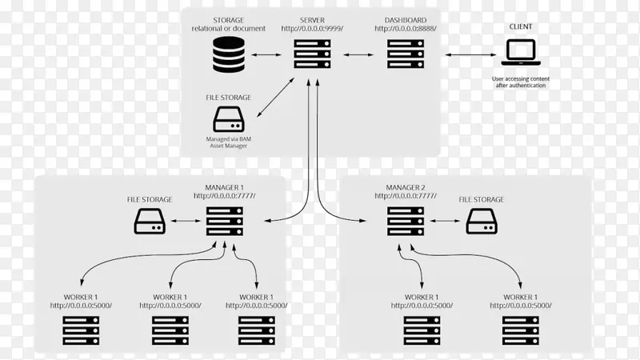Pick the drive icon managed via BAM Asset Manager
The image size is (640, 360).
[x=229, y=122]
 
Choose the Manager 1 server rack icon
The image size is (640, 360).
[x=224, y=221]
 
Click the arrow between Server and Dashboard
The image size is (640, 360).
[x=358, y=56]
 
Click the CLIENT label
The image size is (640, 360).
[x=520, y=26]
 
